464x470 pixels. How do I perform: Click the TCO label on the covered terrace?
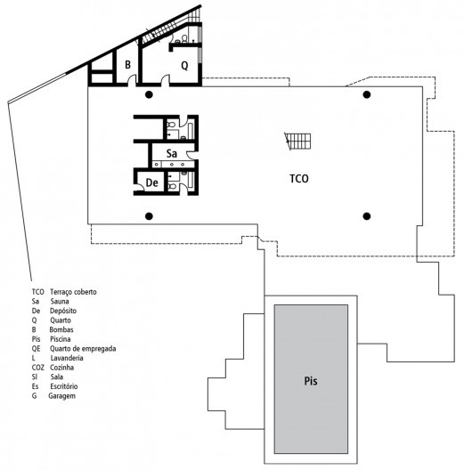tap(299, 179)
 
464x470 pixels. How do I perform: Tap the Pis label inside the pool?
tap(311, 381)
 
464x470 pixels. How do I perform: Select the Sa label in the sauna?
tap(172, 153)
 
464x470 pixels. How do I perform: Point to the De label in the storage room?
tap(151, 182)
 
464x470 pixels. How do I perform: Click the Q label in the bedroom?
tap(184, 65)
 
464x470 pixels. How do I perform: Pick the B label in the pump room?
tap(127, 64)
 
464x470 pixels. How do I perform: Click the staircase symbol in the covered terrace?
tap(297, 142)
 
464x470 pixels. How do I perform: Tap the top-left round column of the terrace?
tap(149, 94)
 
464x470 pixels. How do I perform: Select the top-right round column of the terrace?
tap(367, 94)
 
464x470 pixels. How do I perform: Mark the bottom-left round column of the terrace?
tap(149, 216)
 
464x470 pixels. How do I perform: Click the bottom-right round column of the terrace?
tap(367, 216)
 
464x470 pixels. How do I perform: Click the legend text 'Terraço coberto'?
tap(73, 292)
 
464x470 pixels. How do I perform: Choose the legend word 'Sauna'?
tap(60, 301)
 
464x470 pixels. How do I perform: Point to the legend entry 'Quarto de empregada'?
tap(83, 349)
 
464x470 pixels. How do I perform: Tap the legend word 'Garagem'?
tap(61, 396)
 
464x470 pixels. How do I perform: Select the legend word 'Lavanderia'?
tap(67, 358)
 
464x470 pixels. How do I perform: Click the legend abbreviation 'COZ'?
tap(37, 368)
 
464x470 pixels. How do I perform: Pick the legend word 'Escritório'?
tap(63, 386)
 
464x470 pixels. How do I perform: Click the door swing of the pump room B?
tap(132, 79)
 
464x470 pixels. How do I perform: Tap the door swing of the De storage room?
tap(140, 187)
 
